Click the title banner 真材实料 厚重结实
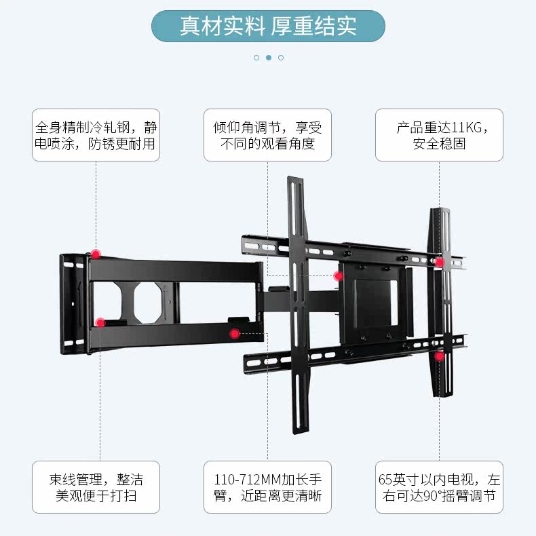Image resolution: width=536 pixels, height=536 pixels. point(268,26)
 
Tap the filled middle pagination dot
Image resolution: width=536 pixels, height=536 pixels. point(269,58)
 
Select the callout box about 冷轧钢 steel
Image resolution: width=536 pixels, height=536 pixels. point(96,135)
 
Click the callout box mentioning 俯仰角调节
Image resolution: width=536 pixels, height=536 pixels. point(267,135)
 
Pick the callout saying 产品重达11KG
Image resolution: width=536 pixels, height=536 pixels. point(439,135)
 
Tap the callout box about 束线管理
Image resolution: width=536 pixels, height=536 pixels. point(96,487)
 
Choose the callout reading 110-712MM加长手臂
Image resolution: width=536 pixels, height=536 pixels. point(267,487)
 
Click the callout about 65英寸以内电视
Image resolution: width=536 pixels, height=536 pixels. point(439,487)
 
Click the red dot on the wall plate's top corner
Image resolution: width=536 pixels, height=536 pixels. point(96,254)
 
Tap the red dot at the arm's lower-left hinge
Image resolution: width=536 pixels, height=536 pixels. point(100,322)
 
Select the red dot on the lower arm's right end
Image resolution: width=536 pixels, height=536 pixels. point(234,333)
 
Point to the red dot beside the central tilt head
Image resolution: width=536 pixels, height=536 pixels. point(338,275)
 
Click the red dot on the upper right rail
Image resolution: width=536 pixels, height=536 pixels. point(440,262)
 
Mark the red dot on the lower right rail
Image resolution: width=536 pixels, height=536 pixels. point(440,356)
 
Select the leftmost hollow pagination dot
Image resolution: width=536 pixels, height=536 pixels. point(256,58)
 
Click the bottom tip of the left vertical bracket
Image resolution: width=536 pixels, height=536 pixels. point(297,428)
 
